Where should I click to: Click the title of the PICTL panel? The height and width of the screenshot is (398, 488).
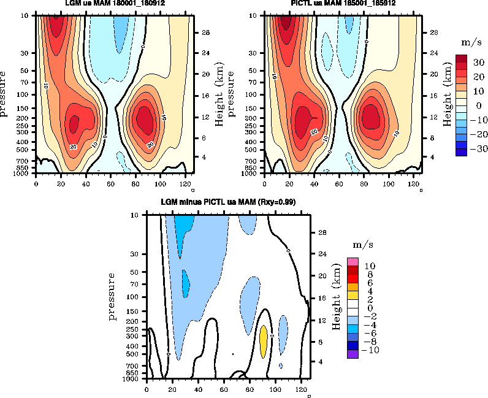click(343, 3)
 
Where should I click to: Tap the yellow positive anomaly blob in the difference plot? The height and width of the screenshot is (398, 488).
click(264, 341)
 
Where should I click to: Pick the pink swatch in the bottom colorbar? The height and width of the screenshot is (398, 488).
click(353, 262)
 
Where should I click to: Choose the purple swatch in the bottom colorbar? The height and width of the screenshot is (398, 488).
click(353, 354)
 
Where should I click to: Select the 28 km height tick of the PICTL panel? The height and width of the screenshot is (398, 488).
click(433, 32)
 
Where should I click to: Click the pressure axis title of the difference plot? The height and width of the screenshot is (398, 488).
click(113, 297)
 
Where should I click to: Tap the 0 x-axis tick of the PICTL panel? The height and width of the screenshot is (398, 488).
click(265, 183)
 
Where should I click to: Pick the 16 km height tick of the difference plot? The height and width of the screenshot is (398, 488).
click(321, 298)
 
